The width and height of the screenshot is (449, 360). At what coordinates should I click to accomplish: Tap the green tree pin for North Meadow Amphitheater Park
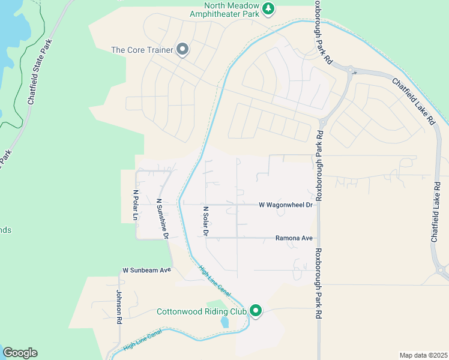click(x=269, y=8)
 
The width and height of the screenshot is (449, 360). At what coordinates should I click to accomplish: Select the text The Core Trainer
click(x=142, y=50)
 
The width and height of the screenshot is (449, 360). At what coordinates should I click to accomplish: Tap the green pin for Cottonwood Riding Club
click(x=256, y=310)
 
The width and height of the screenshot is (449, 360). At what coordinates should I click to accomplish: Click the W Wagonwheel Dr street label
click(x=286, y=205)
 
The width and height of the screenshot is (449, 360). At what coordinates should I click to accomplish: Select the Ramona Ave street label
click(x=294, y=238)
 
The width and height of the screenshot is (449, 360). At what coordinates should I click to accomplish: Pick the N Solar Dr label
click(x=205, y=221)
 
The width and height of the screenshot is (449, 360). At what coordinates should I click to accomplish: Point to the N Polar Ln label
click(x=136, y=205)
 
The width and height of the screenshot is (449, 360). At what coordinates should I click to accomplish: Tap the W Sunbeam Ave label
click(x=147, y=271)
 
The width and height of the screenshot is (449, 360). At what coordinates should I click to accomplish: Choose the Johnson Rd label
click(x=119, y=307)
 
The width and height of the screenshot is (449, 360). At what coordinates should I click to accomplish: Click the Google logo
click(x=20, y=353)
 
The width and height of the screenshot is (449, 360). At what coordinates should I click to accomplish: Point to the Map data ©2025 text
click(x=423, y=355)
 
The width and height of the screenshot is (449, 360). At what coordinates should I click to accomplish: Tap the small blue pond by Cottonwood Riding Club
click(x=224, y=322)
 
